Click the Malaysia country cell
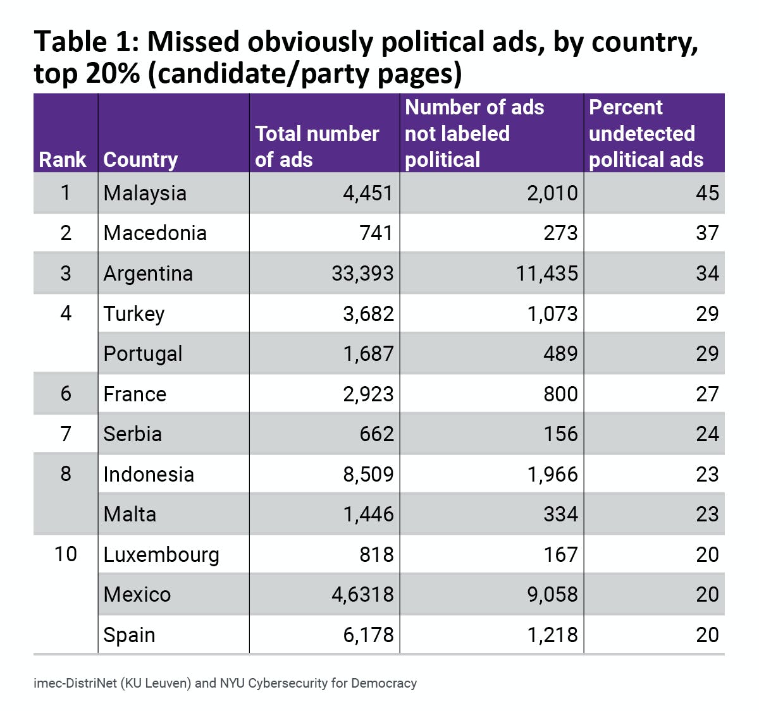pyautogui.click(x=145, y=193)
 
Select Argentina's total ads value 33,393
pyautogui.click(x=362, y=274)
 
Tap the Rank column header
pyautogui.click(x=63, y=160)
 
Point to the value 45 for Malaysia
pyautogui.click(x=707, y=193)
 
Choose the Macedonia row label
pyautogui.click(x=155, y=233)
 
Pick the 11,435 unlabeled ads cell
pyautogui.click(x=546, y=274)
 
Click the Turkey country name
pyautogui.click(x=134, y=314)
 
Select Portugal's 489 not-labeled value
pyautogui.click(x=560, y=354)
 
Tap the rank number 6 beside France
pyautogui.click(x=66, y=394)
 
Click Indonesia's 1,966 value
pyautogui.click(x=552, y=475)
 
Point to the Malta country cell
pyautogui.click(x=130, y=514)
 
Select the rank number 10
pyautogui.click(x=66, y=554)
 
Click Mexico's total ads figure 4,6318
pyautogui.click(x=362, y=595)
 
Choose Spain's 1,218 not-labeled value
pyautogui.click(x=552, y=635)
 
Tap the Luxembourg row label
pyautogui.click(x=161, y=555)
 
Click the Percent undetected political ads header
pyautogui.click(x=646, y=133)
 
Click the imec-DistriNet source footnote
pyautogui.click(x=225, y=683)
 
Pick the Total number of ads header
pyautogui.click(x=317, y=147)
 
